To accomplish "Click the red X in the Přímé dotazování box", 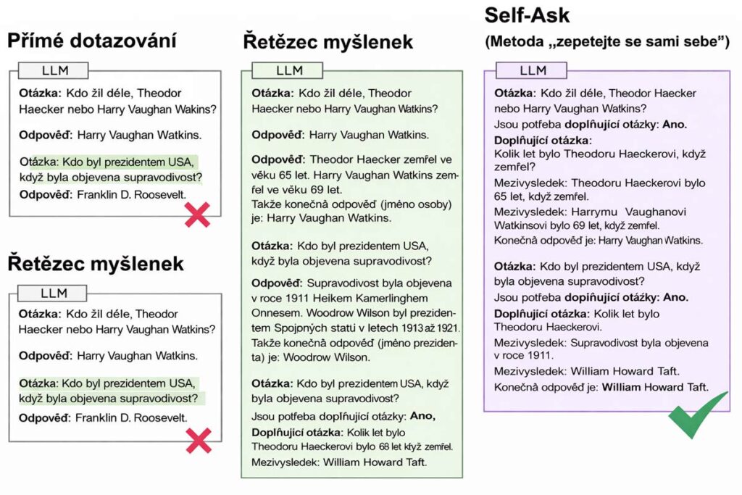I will [x=198, y=215].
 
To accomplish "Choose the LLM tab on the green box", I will [x=289, y=70].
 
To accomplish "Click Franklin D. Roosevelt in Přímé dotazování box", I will [x=131, y=194].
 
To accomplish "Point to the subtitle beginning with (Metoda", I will [x=606, y=43].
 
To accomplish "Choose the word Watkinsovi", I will [x=520, y=225].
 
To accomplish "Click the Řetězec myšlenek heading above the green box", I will [x=328, y=42].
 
